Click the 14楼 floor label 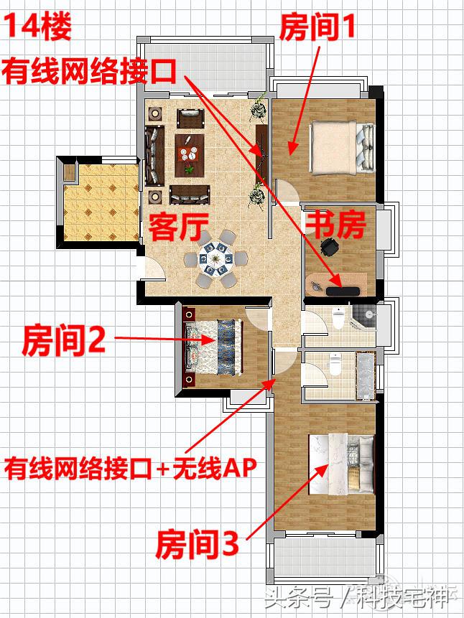point(41,28)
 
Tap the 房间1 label point(317,28)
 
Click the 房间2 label point(65,338)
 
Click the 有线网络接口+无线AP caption point(130,469)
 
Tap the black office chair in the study point(330,248)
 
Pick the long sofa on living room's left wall point(153,156)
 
